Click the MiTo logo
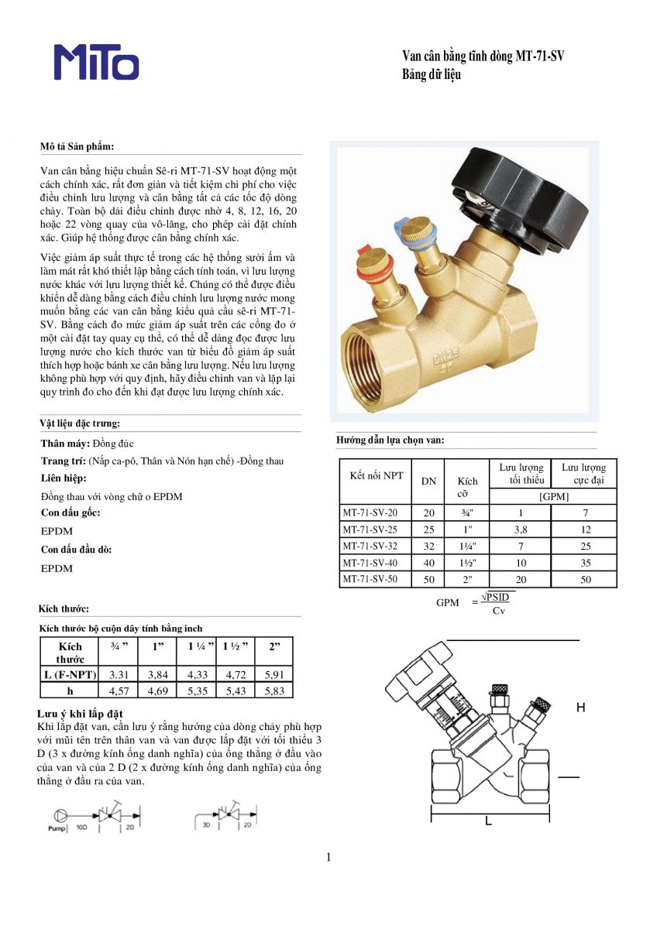click(96, 62)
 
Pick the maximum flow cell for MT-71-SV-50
click(585, 579)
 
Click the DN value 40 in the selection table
click(428, 562)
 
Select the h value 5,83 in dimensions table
click(274, 691)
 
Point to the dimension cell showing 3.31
click(118, 674)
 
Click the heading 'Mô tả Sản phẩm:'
click(77, 146)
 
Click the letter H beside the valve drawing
click(581, 708)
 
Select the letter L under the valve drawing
click(488, 821)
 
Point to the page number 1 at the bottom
click(328, 857)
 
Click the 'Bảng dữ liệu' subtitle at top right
click(432, 75)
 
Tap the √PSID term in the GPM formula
click(498, 596)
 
